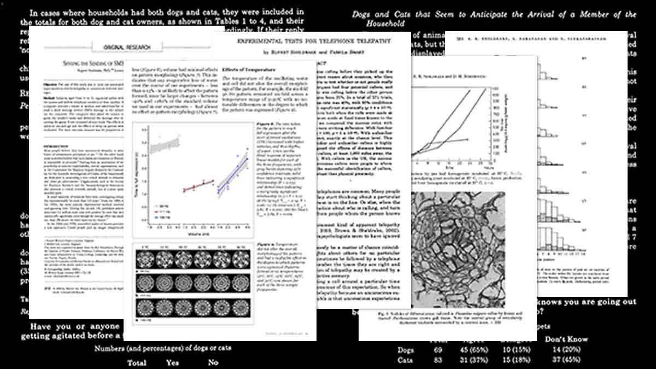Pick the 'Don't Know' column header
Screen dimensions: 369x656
566,338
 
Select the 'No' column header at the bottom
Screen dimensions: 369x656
213,362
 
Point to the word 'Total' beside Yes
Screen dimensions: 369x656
137,362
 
